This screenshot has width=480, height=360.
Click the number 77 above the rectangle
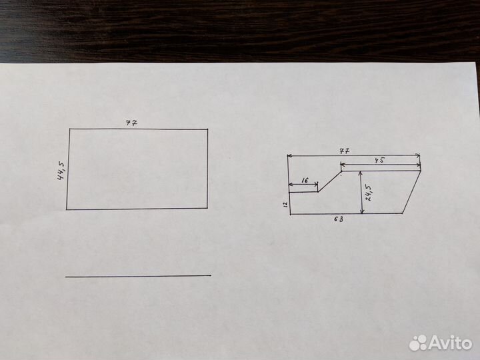click(132, 123)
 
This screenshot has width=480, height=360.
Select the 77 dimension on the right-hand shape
click(345, 151)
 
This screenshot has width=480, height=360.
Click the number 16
click(304, 181)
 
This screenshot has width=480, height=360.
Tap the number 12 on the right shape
click(284, 204)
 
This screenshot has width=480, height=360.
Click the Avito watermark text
click(451, 343)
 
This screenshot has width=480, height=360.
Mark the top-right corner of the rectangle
click(207, 129)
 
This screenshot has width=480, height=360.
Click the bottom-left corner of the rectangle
click(67, 209)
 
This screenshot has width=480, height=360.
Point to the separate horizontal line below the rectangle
click(138, 275)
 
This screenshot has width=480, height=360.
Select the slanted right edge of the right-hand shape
click(412, 192)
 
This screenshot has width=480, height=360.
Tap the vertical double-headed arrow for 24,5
click(361, 192)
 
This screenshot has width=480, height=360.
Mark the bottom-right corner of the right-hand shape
click(403, 213)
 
